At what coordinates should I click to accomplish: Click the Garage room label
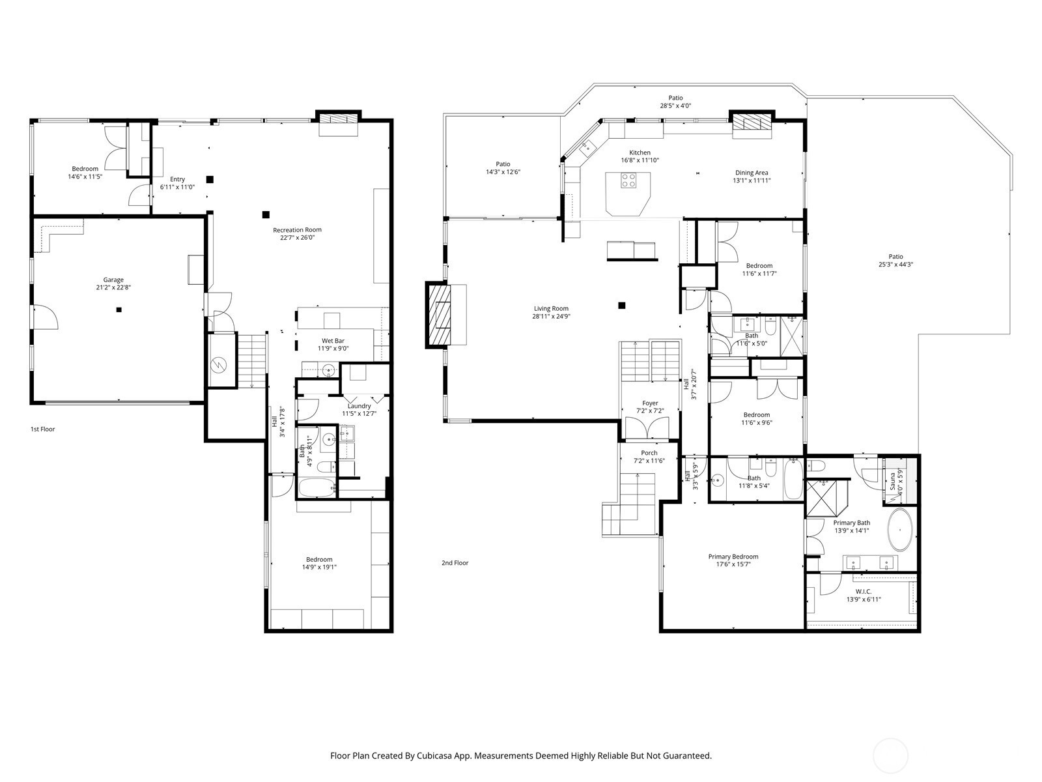(113, 280)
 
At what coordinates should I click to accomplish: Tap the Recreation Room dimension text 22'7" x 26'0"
(297, 237)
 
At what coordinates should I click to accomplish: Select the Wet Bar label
(333, 340)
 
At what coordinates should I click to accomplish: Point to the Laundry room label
(359, 406)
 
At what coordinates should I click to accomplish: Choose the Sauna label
(892, 481)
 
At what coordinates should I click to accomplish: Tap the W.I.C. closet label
(864, 592)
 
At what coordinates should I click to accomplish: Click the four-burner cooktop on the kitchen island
(628, 181)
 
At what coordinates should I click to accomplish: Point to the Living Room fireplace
(438, 315)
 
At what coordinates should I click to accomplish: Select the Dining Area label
(752, 173)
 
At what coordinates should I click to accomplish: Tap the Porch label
(649, 453)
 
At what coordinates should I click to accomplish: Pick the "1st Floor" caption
(43, 429)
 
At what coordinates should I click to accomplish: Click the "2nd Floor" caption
(455, 563)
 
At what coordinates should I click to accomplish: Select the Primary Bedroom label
(733, 557)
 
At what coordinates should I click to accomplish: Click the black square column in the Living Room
(621, 305)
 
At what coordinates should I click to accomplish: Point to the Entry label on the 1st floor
(177, 179)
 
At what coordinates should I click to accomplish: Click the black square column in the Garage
(119, 310)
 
